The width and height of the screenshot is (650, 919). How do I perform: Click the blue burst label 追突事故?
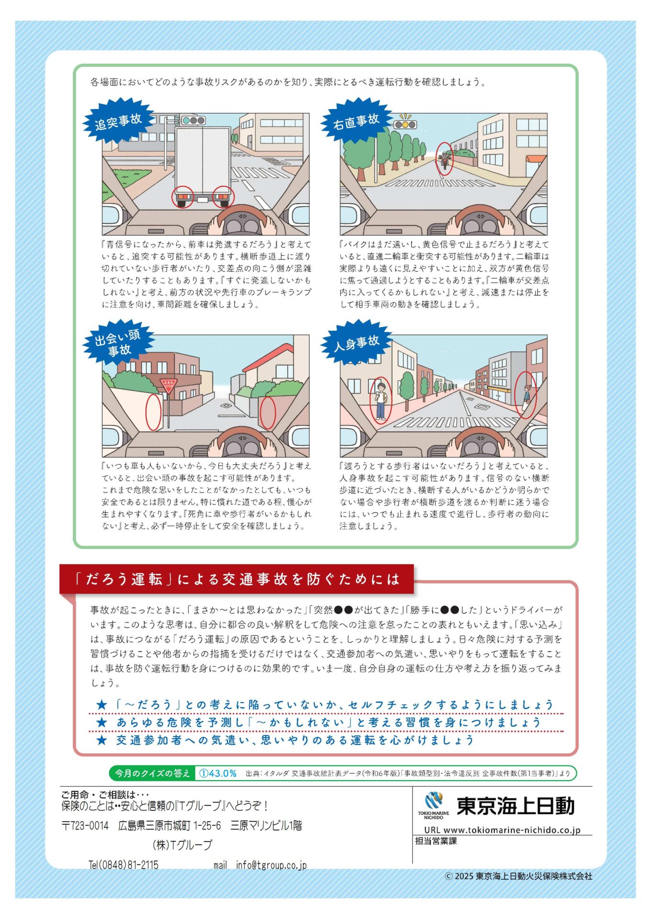point(118,121)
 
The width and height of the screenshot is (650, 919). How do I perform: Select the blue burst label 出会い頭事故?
point(118,343)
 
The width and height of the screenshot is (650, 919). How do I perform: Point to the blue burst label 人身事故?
point(356,343)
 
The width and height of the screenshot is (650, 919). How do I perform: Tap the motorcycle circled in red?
point(445,159)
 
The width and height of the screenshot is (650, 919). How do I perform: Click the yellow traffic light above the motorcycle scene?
point(405,124)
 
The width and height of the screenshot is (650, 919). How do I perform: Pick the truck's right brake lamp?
point(223,197)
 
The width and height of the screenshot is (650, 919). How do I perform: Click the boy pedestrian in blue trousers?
point(381,400)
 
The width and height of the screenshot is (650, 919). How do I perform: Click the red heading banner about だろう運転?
point(236,579)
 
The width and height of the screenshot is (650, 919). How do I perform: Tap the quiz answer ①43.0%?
point(218,773)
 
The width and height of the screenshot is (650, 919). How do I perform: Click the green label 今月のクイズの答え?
point(152,773)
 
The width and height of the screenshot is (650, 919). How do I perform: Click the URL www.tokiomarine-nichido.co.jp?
point(502,830)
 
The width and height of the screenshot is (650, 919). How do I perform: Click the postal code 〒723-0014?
point(85,826)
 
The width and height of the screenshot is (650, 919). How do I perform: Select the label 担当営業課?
point(436,841)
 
